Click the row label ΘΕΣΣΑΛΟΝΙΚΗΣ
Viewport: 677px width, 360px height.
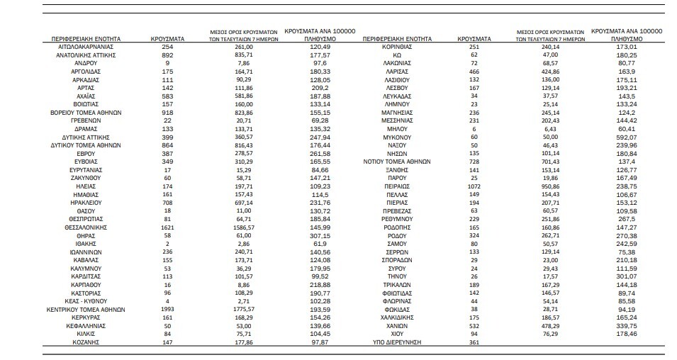86,227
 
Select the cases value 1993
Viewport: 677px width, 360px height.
168,309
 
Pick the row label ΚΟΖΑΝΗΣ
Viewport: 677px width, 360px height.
86,342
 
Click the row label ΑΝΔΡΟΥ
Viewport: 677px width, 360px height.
86,62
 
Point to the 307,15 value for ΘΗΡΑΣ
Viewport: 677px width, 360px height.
320,235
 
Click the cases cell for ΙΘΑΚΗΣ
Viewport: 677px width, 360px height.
168,242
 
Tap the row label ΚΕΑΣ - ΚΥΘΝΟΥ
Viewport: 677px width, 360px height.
86,302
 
